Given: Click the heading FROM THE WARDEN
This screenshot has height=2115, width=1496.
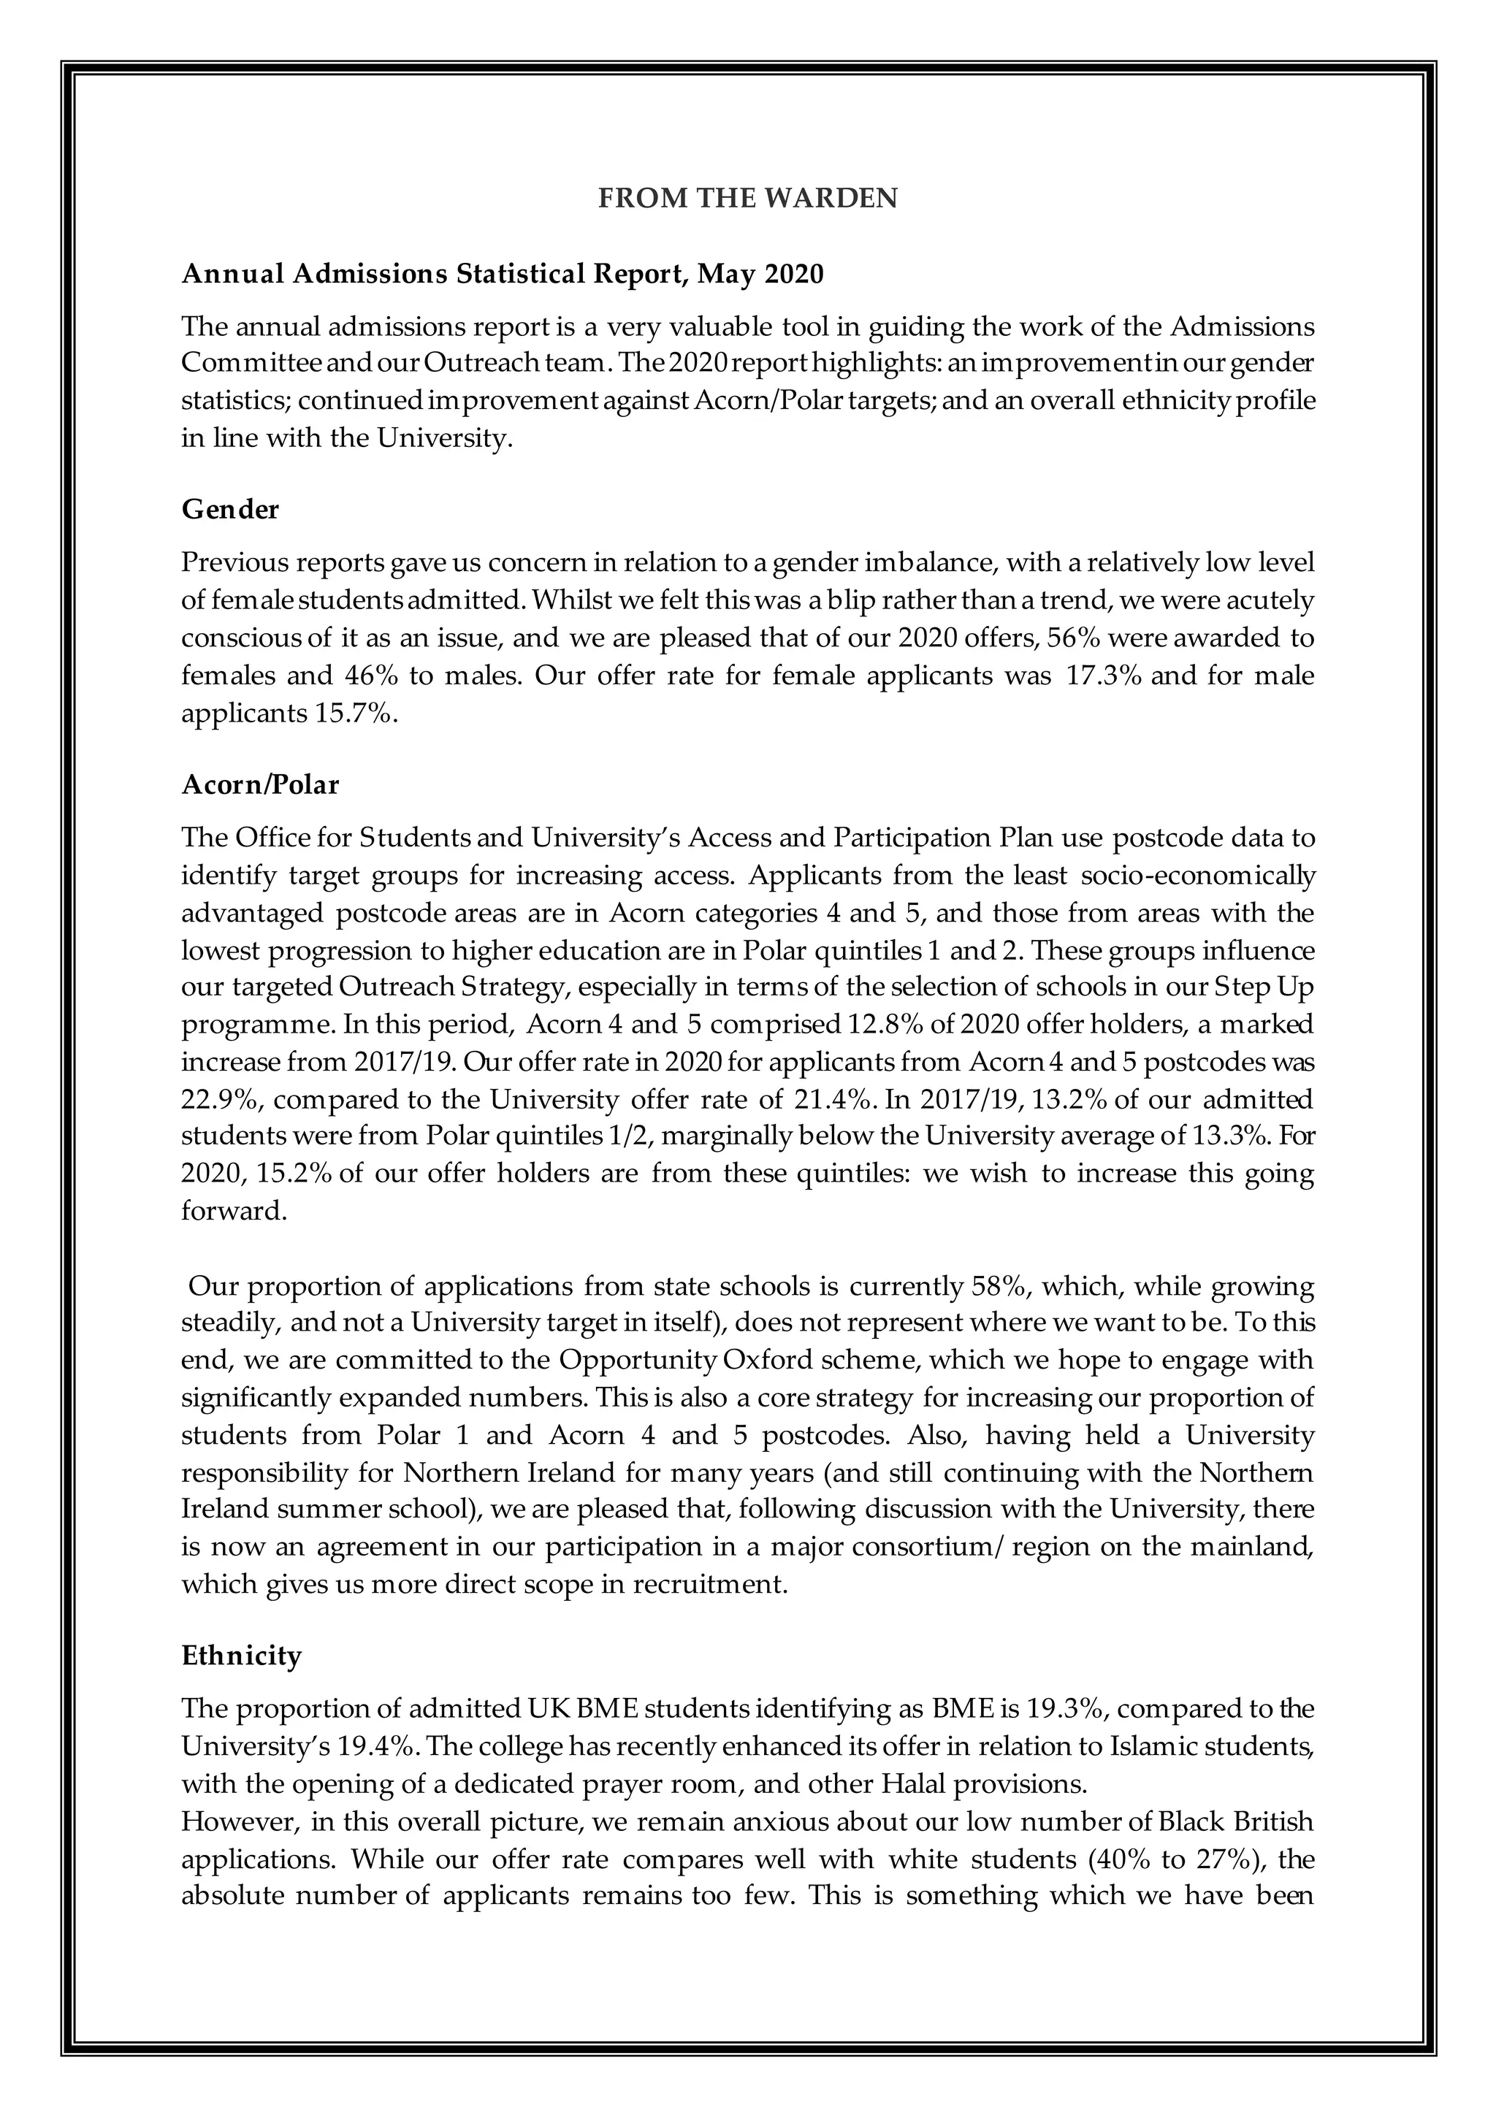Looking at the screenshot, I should tap(747, 199).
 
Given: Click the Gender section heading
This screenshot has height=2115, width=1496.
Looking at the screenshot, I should tap(230, 510).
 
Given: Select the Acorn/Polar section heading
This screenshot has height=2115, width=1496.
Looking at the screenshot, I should tap(261, 785).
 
